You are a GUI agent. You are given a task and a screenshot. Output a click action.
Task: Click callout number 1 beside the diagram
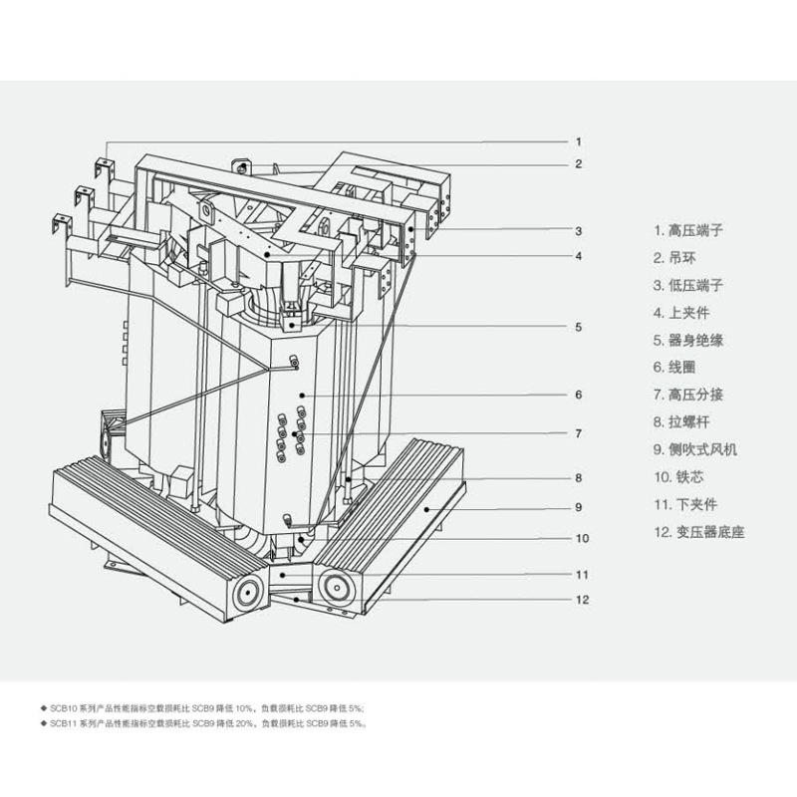(578, 141)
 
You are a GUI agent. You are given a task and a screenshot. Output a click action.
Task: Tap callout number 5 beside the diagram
(578, 326)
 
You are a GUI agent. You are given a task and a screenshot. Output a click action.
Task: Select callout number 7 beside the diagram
(578, 433)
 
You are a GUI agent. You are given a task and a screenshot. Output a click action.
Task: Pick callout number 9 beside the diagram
(578, 506)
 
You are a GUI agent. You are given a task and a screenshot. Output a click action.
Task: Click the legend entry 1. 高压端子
(688, 230)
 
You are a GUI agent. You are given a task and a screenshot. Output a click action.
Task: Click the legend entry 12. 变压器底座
(699, 531)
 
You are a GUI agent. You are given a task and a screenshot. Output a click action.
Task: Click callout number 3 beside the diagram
(578, 230)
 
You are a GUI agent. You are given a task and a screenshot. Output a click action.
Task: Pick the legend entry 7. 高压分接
(688, 394)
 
